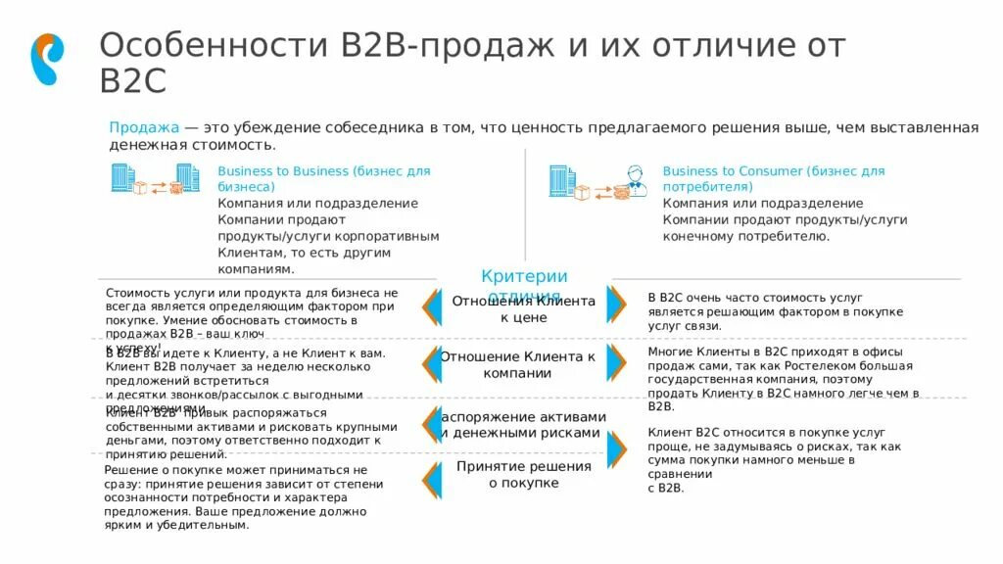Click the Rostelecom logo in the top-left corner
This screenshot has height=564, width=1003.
pos(47,59)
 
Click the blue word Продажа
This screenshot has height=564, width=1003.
pos(144,128)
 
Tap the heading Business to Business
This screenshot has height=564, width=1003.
pos(283,171)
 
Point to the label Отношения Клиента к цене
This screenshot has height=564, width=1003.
pos(523,309)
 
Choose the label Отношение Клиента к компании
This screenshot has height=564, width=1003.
pos(517,364)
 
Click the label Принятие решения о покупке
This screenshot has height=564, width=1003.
pos(523,475)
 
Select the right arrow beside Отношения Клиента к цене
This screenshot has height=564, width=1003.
pos(616,305)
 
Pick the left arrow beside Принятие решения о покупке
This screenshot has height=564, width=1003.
pos(429,480)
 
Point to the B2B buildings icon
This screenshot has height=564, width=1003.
pos(122,178)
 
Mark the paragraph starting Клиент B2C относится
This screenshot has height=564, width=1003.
pos(773,459)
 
